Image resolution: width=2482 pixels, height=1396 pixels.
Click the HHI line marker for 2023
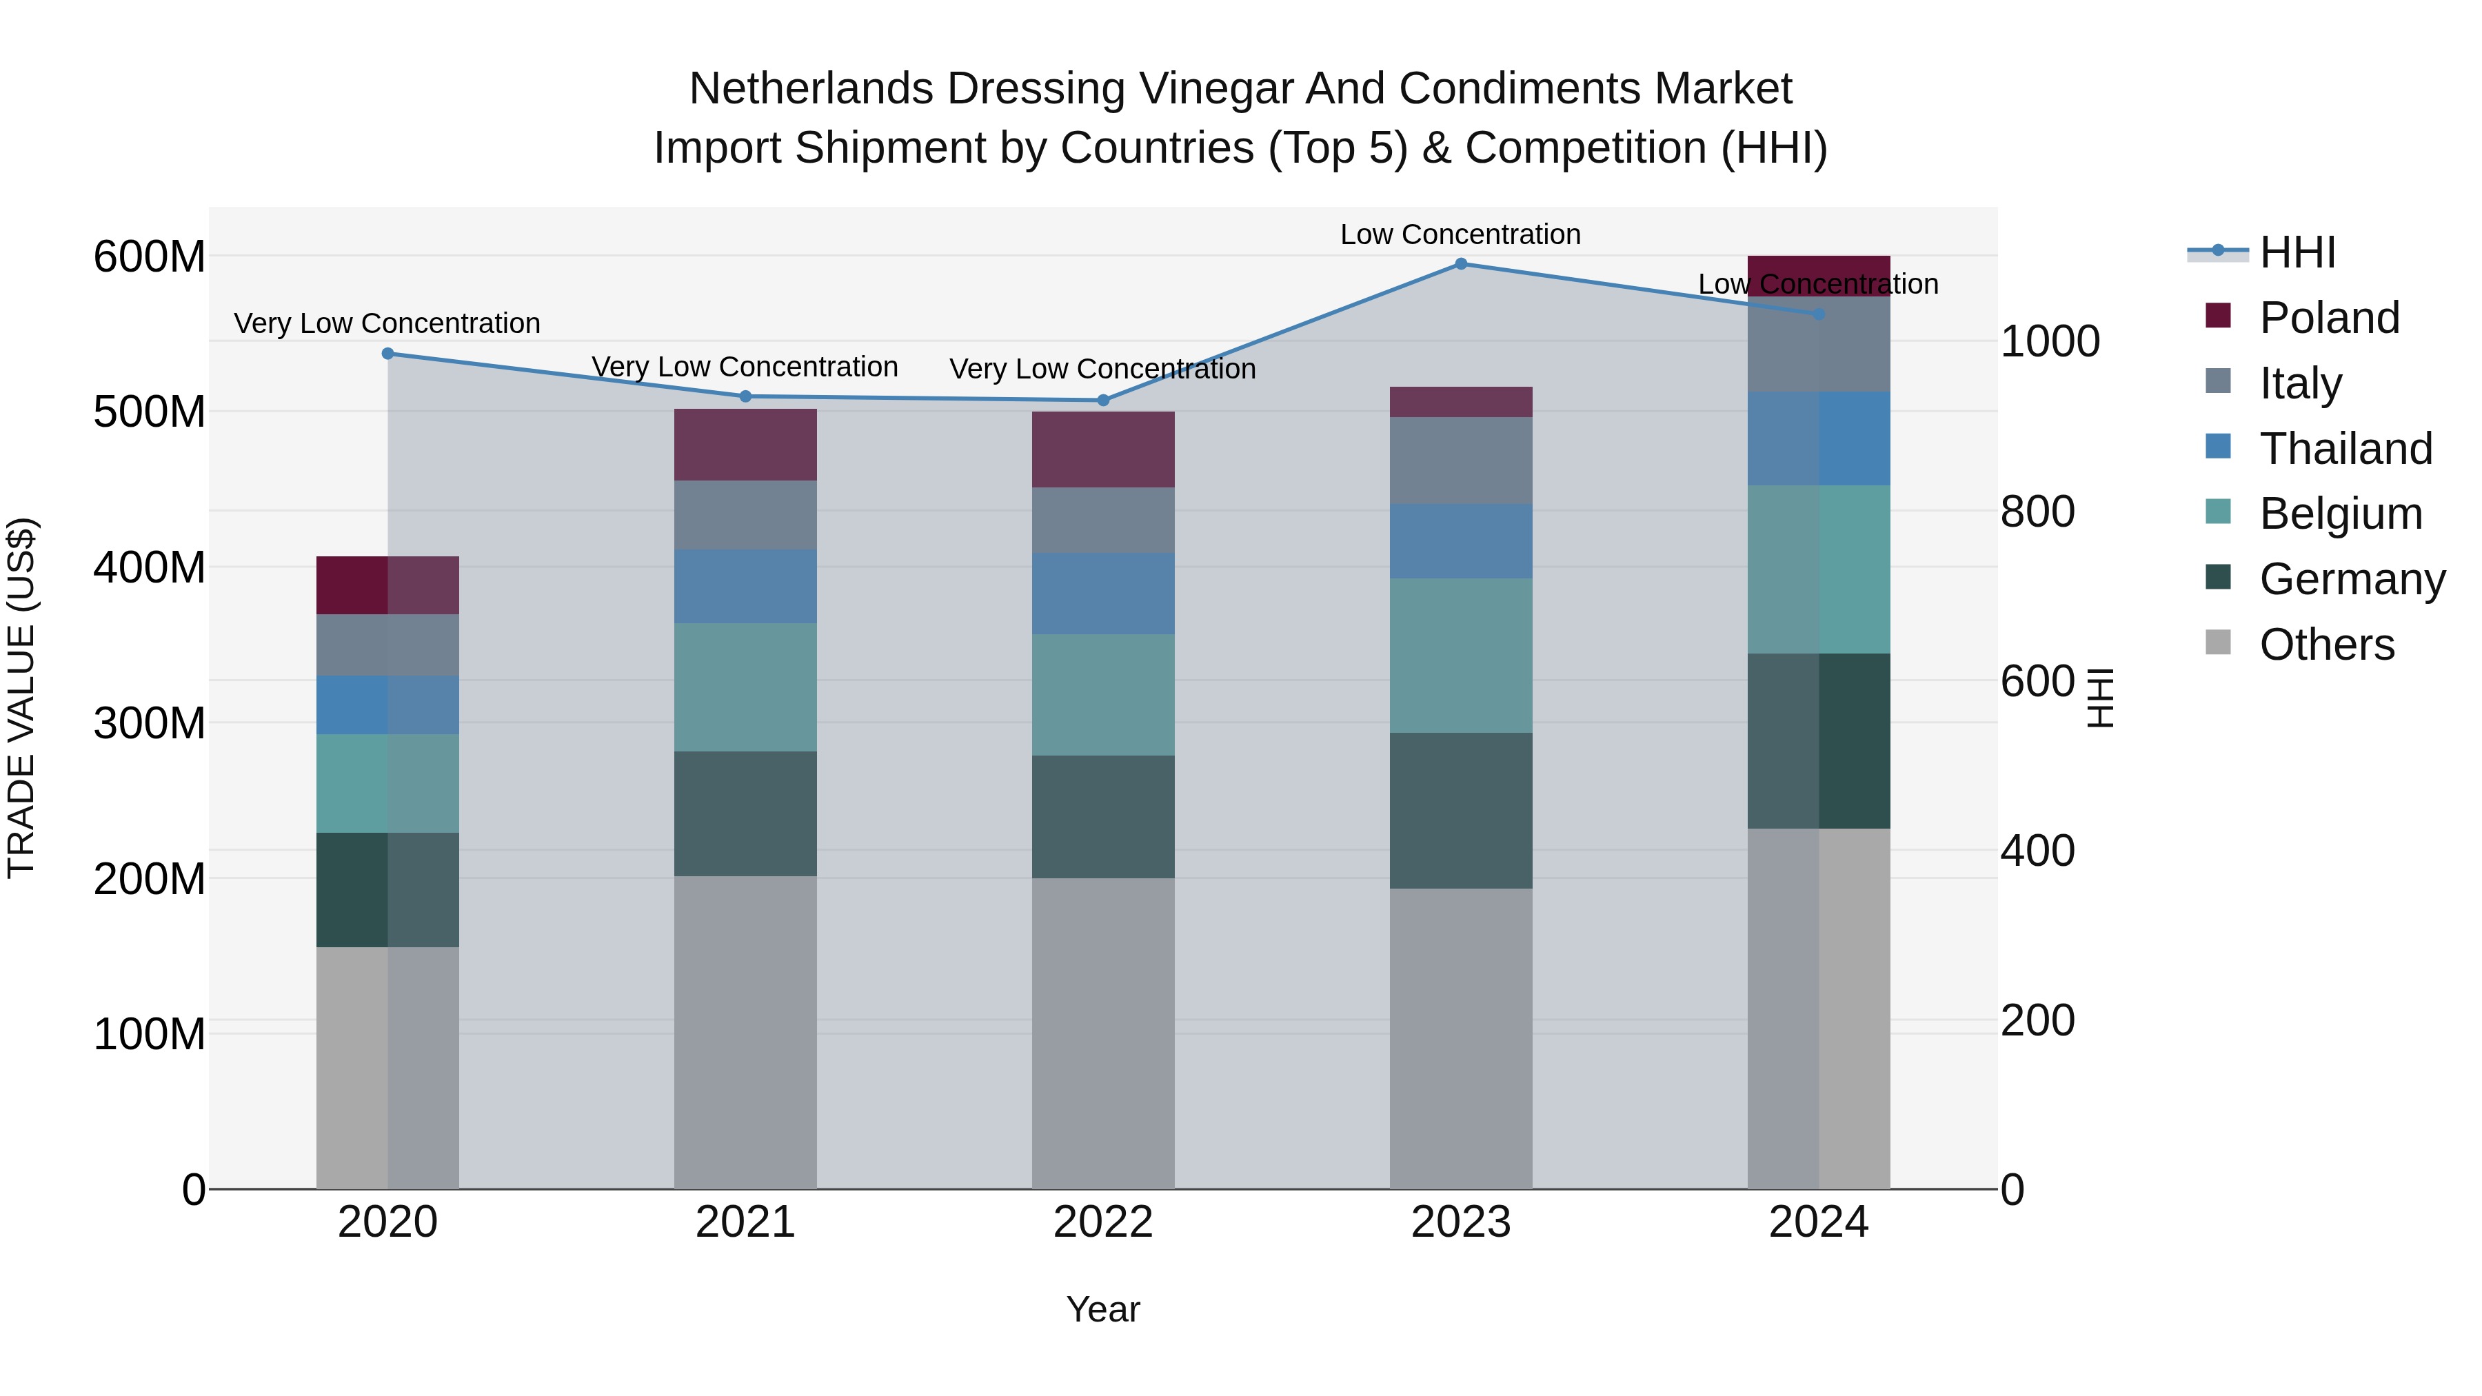1461,264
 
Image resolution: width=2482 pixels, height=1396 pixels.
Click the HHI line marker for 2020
388,354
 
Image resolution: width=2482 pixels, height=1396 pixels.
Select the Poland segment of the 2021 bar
745,445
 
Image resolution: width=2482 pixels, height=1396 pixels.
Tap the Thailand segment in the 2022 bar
1103,594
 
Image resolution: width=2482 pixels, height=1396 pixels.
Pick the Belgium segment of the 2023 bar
1461,656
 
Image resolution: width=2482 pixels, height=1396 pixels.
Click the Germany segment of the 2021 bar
745,814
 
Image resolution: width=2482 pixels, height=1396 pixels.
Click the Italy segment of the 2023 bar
1461,461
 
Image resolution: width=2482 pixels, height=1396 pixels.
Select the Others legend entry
2326,645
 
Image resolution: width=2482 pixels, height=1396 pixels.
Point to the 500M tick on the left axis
150,412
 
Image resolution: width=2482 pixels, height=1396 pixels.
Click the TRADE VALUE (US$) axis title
21,698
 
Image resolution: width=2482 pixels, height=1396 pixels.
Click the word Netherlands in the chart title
810,89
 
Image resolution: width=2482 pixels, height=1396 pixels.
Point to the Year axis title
1102,1309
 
